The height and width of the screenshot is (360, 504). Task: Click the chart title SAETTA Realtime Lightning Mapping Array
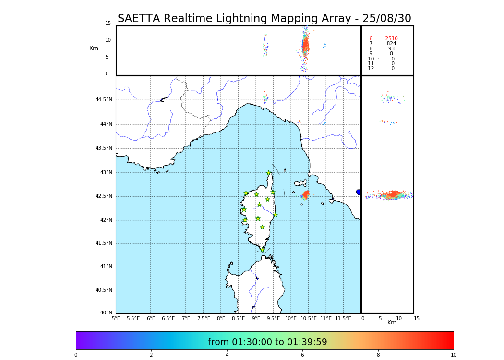point(264,19)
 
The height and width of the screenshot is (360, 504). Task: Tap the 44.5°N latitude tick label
point(104,100)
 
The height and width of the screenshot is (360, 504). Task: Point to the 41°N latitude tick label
point(105,267)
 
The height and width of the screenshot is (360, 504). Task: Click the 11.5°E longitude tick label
point(343,318)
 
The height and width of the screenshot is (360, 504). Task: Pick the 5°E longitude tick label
point(116,318)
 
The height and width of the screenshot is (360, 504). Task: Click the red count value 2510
point(391,38)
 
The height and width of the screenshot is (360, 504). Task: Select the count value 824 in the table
point(391,44)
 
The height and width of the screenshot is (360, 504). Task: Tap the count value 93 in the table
point(391,49)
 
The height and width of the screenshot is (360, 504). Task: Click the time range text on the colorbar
point(267,342)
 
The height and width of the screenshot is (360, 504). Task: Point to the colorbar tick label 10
point(453,355)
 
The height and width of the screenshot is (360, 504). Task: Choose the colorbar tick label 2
point(151,355)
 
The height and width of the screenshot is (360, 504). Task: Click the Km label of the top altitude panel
point(94,48)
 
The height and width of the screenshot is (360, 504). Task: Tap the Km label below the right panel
point(392,323)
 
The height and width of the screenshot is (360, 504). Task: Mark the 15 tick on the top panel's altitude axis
point(108,24)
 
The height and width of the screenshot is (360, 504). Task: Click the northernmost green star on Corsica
point(269,173)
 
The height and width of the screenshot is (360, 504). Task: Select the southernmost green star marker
point(262,250)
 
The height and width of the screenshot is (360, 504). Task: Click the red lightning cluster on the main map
point(305,194)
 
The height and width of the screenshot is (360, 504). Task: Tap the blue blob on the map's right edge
point(359,192)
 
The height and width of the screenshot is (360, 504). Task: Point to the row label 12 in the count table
point(371,69)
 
